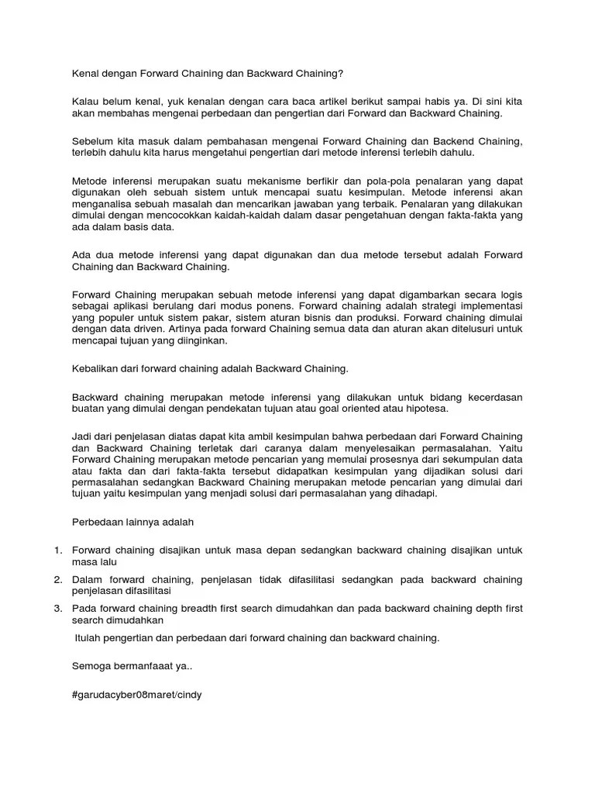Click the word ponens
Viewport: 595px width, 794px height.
253,306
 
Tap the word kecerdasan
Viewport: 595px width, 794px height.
493,397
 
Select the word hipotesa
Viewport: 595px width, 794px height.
428,409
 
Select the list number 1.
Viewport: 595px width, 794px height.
57,550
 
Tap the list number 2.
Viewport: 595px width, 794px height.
57,579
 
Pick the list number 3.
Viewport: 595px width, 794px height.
57,609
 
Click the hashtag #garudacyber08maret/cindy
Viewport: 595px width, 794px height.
136,695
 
